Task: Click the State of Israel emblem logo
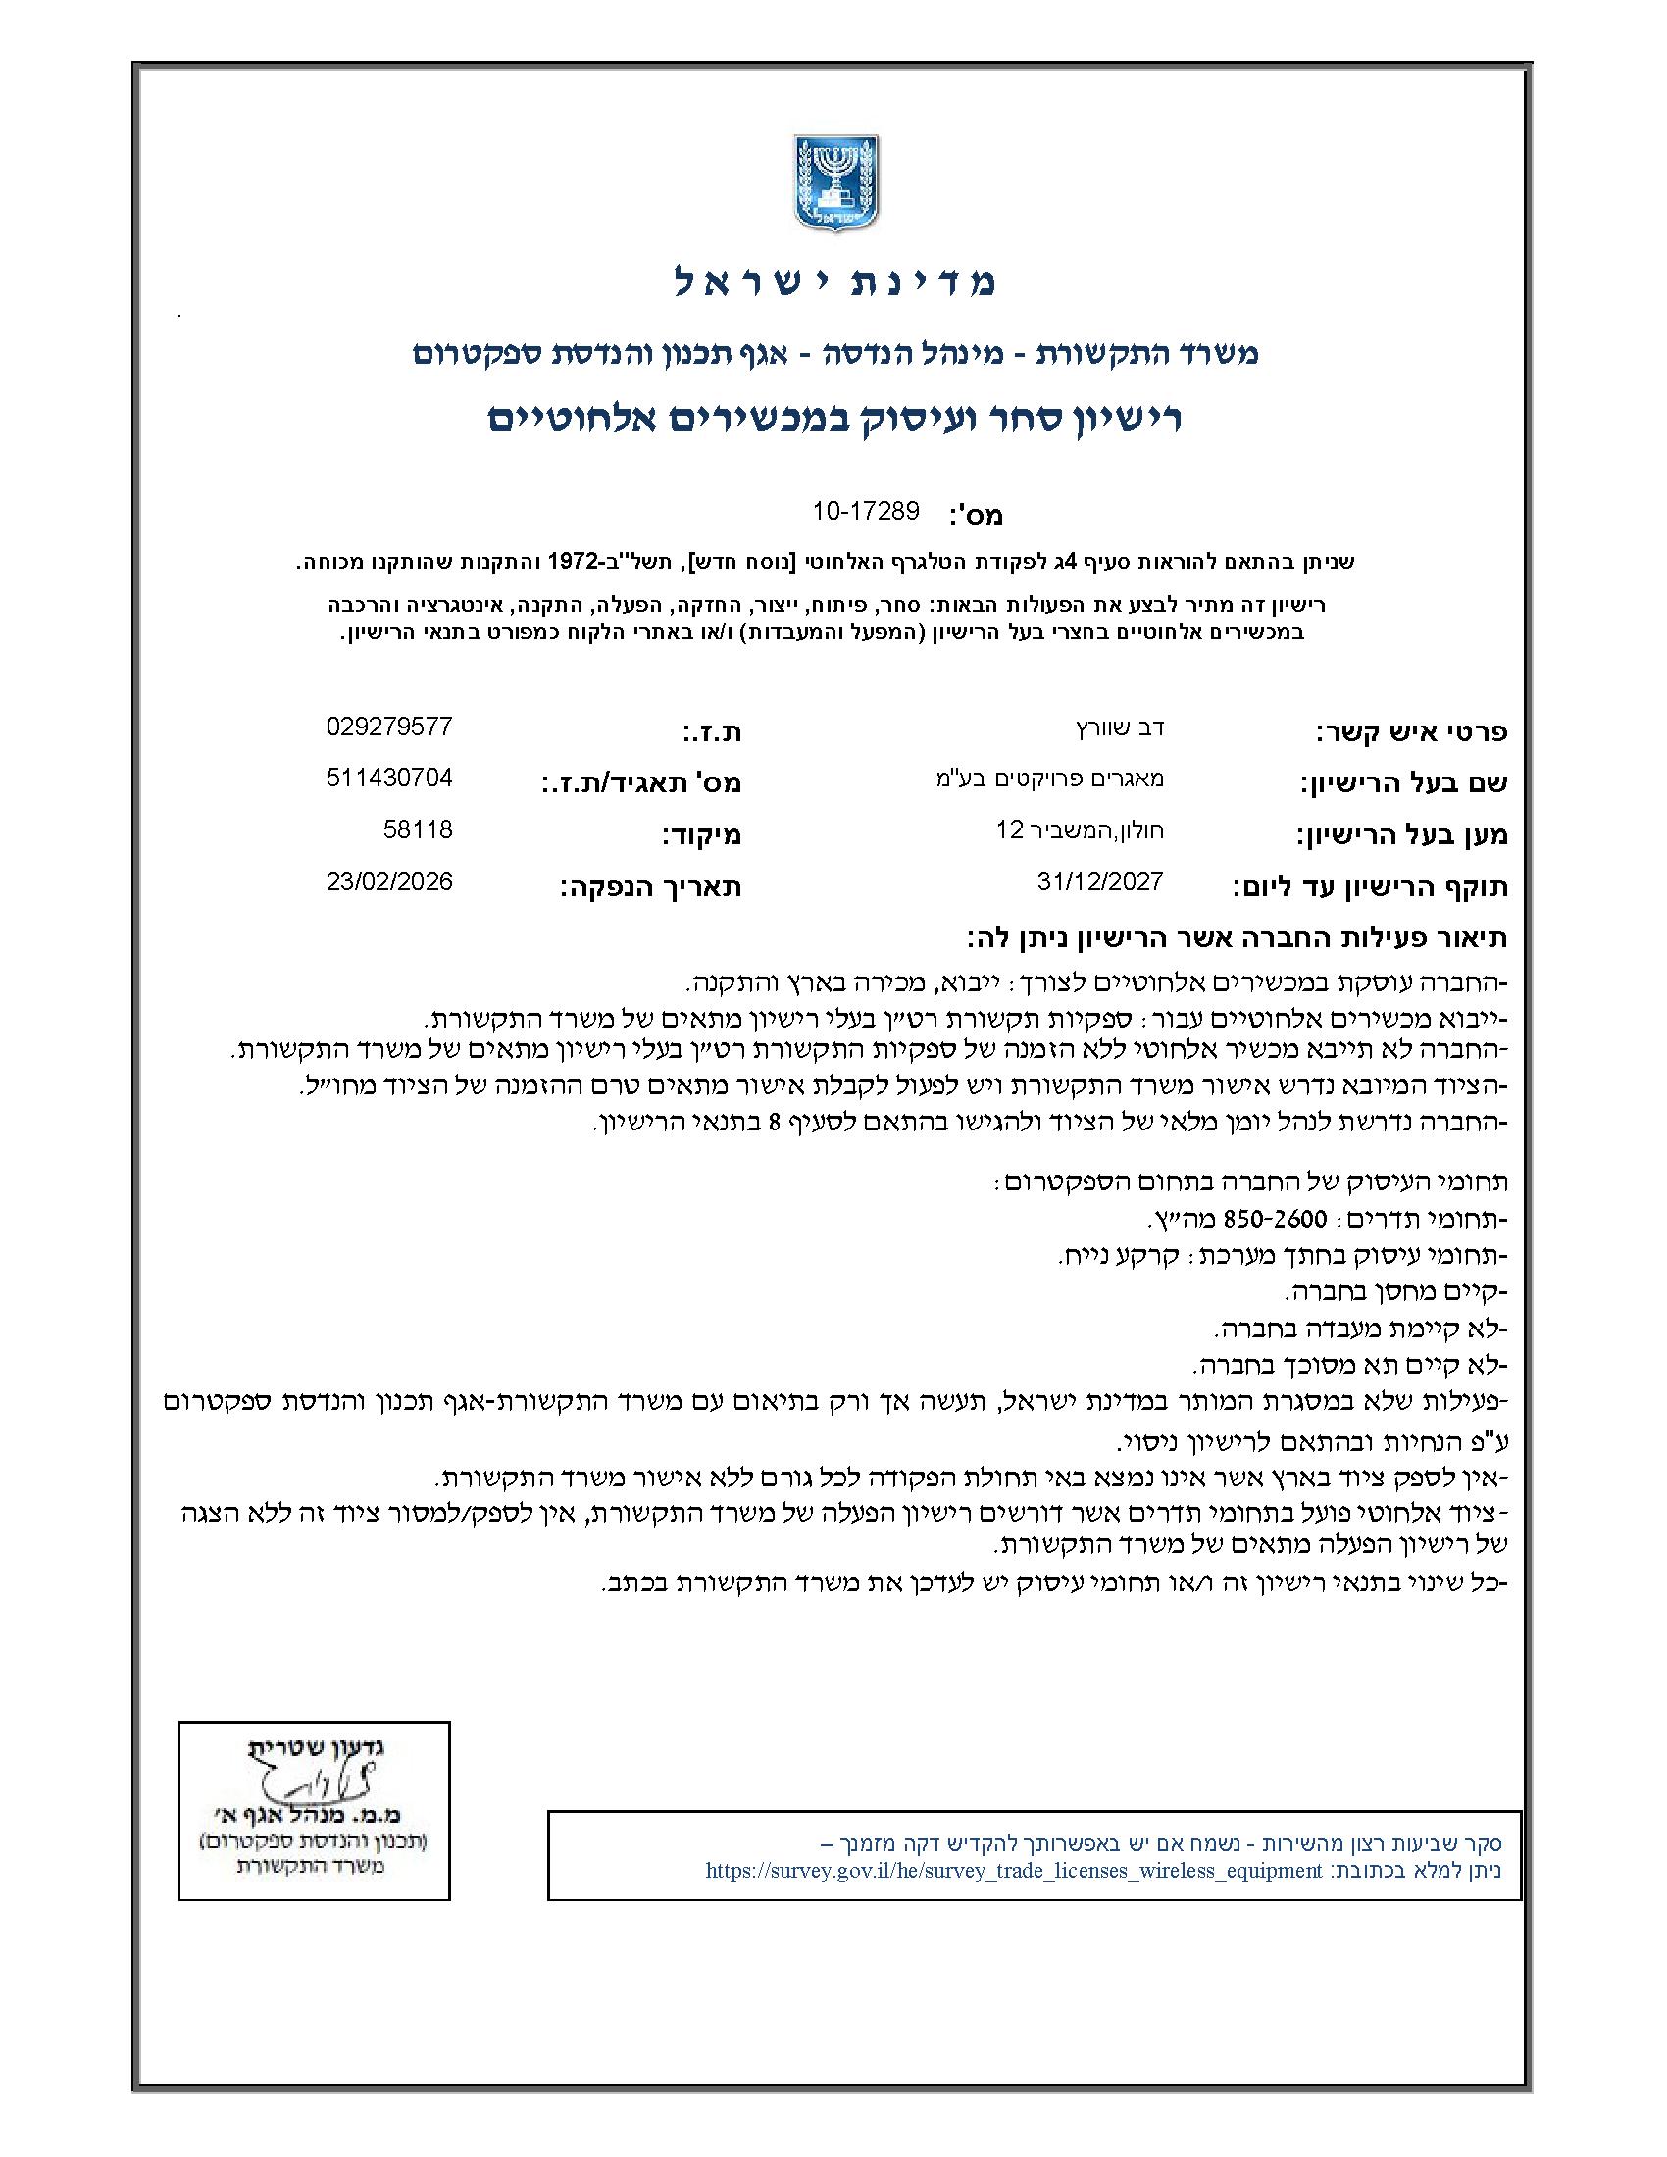point(835,184)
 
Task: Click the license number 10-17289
point(865,511)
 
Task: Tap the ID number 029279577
point(389,727)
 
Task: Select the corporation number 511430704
point(389,778)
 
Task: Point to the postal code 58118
point(418,829)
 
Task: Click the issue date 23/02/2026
point(389,881)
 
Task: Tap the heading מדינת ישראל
point(835,282)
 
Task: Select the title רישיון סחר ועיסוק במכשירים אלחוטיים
point(835,418)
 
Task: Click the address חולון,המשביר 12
point(1081,830)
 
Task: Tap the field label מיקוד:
point(701,835)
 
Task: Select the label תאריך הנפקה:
point(651,887)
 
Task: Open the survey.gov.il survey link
point(1013,1870)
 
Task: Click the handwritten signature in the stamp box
point(305,1788)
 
